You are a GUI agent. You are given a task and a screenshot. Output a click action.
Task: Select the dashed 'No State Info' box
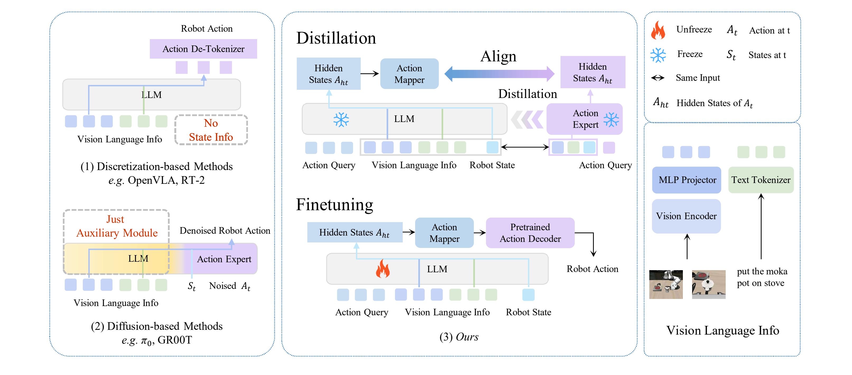click(x=211, y=130)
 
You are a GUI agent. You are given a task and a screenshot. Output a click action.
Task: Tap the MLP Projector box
click(x=687, y=180)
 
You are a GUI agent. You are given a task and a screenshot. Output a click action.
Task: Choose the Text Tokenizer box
click(x=761, y=180)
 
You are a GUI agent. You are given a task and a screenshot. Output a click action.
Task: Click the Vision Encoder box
click(x=686, y=216)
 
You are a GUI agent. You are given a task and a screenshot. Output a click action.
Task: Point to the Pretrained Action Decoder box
click(x=530, y=233)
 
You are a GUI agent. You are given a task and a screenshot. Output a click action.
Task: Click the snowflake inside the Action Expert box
click(x=611, y=120)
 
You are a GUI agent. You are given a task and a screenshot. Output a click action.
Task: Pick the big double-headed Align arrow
click(x=499, y=74)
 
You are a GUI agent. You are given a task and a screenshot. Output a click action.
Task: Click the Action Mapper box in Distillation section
click(x=409, y=74)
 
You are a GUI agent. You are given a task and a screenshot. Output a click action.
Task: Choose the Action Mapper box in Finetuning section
click(x=444, y=233)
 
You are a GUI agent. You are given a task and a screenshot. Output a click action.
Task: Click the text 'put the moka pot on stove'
click(x=761, y=277)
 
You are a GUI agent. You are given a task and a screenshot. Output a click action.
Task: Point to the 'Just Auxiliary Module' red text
click(x=117, y=226)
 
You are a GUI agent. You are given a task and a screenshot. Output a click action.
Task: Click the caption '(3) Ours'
click(x=459, y=337)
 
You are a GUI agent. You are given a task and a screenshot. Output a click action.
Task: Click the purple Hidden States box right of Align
click(x=592, y=72)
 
